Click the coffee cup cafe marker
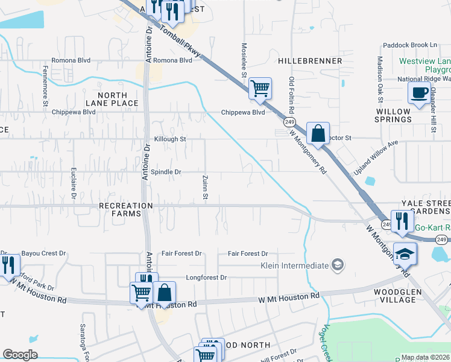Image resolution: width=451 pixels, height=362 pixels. pos(418,92)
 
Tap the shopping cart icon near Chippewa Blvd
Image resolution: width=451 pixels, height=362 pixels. pos(260,88)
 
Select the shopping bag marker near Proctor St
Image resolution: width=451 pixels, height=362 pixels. pos(318,133)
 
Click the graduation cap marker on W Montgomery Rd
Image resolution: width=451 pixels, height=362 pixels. pos(405,254)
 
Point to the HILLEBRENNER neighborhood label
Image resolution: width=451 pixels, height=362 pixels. pos(311,61)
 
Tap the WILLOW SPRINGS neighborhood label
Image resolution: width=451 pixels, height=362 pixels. pos(394,115)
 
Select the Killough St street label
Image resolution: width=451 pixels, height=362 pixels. pos(170,139)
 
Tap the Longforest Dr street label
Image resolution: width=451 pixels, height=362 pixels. pos(206,278)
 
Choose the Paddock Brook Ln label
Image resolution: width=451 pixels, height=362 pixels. pos(409,45)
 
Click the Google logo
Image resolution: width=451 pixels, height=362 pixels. pos(20,355)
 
